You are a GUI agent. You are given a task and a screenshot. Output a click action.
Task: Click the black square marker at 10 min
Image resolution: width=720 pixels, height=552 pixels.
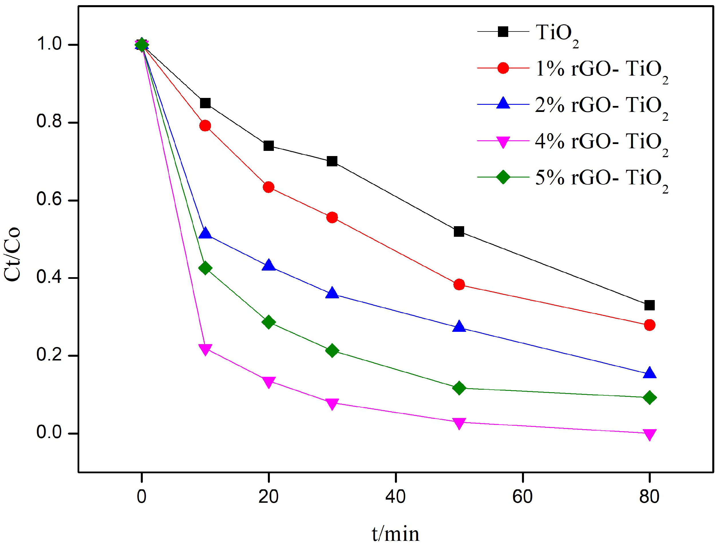(x=205, y=103)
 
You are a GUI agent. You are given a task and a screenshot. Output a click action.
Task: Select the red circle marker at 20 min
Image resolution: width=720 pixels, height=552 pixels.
(x=268, y=187)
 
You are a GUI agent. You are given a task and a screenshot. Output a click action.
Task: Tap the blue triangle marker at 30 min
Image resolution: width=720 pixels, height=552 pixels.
(x=332, y=293)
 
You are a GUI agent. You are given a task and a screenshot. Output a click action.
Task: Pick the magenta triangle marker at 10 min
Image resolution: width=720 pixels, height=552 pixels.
(x=205, y=349)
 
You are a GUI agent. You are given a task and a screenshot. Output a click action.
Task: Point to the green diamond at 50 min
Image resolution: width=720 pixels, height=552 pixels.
(x=459, y=388)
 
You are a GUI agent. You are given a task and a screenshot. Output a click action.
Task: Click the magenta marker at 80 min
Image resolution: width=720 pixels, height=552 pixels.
(x=649, y=434)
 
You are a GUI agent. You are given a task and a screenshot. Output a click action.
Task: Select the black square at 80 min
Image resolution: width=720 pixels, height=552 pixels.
(x=649, y=305)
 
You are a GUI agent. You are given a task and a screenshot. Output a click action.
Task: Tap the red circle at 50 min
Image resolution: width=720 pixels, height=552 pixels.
(x=459, y=285)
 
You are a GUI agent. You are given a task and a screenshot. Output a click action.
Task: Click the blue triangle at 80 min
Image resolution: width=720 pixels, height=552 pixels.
(x=649, y=373)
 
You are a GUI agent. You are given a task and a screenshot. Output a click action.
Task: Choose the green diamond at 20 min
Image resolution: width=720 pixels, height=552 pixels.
(x=268, y=322)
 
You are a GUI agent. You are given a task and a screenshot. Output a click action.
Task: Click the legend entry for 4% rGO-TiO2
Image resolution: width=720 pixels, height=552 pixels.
(x=601, y=142)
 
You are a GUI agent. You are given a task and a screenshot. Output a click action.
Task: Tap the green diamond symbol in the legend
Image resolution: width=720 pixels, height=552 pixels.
(x=503, y=178)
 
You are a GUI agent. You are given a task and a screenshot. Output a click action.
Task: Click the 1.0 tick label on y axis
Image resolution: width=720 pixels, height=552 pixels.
(x=49, y=44)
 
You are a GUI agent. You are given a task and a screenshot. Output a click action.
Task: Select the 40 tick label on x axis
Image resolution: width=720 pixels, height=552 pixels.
(x=395, y=496)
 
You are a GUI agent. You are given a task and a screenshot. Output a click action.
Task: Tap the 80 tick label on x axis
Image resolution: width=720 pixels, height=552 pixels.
(x=649, y=496)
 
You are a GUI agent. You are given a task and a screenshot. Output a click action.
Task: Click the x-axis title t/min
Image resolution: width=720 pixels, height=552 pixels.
(x=395, y=534)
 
